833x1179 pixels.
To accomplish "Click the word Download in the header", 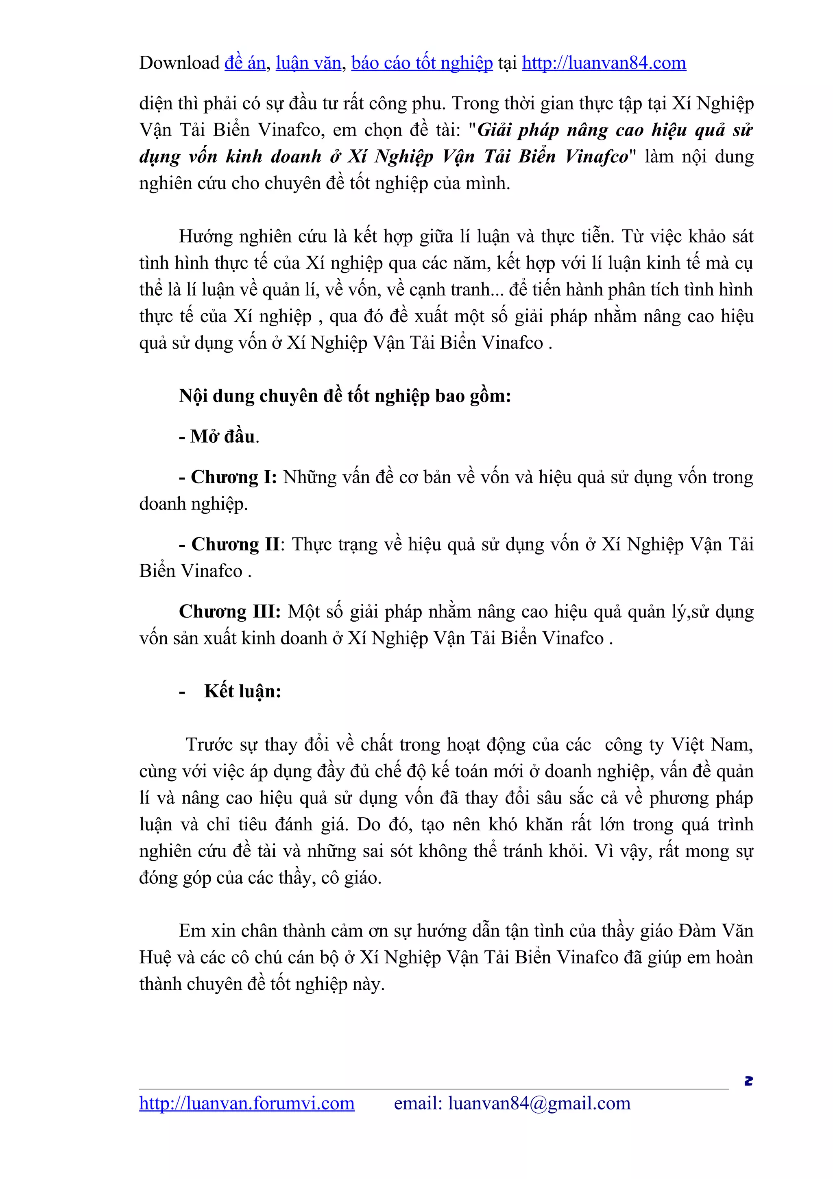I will tap(179, 63).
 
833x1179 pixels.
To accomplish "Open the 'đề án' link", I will tap(245, 63).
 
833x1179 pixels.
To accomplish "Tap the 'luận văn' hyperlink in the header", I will tap(308, 63).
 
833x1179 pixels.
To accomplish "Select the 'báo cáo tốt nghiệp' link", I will tap(422, 63).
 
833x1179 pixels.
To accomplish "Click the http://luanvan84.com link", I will tap(604, 63).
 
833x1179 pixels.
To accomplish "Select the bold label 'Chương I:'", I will tap(233, 478).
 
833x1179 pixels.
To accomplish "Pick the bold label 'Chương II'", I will tap(236, 544).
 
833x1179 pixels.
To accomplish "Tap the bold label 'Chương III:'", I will tap(229, 611).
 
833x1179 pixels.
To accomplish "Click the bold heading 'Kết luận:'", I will tap(243, 692).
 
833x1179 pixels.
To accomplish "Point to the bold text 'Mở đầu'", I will tap(222, 437).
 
